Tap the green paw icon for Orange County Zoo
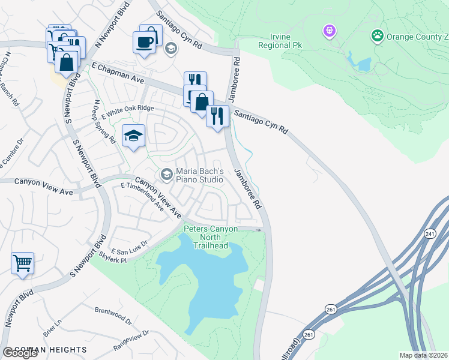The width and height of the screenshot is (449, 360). (378, 35)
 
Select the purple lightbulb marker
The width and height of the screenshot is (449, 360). (329, 30)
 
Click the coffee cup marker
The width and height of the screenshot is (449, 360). (145, 41)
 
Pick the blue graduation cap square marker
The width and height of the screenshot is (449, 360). (133, 136)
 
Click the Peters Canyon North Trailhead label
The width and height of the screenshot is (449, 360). (211, 237)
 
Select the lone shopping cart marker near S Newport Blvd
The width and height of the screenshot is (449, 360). (22, 263)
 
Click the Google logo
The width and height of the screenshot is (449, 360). (20, 353)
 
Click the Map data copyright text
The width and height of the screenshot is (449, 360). (424, 355)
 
